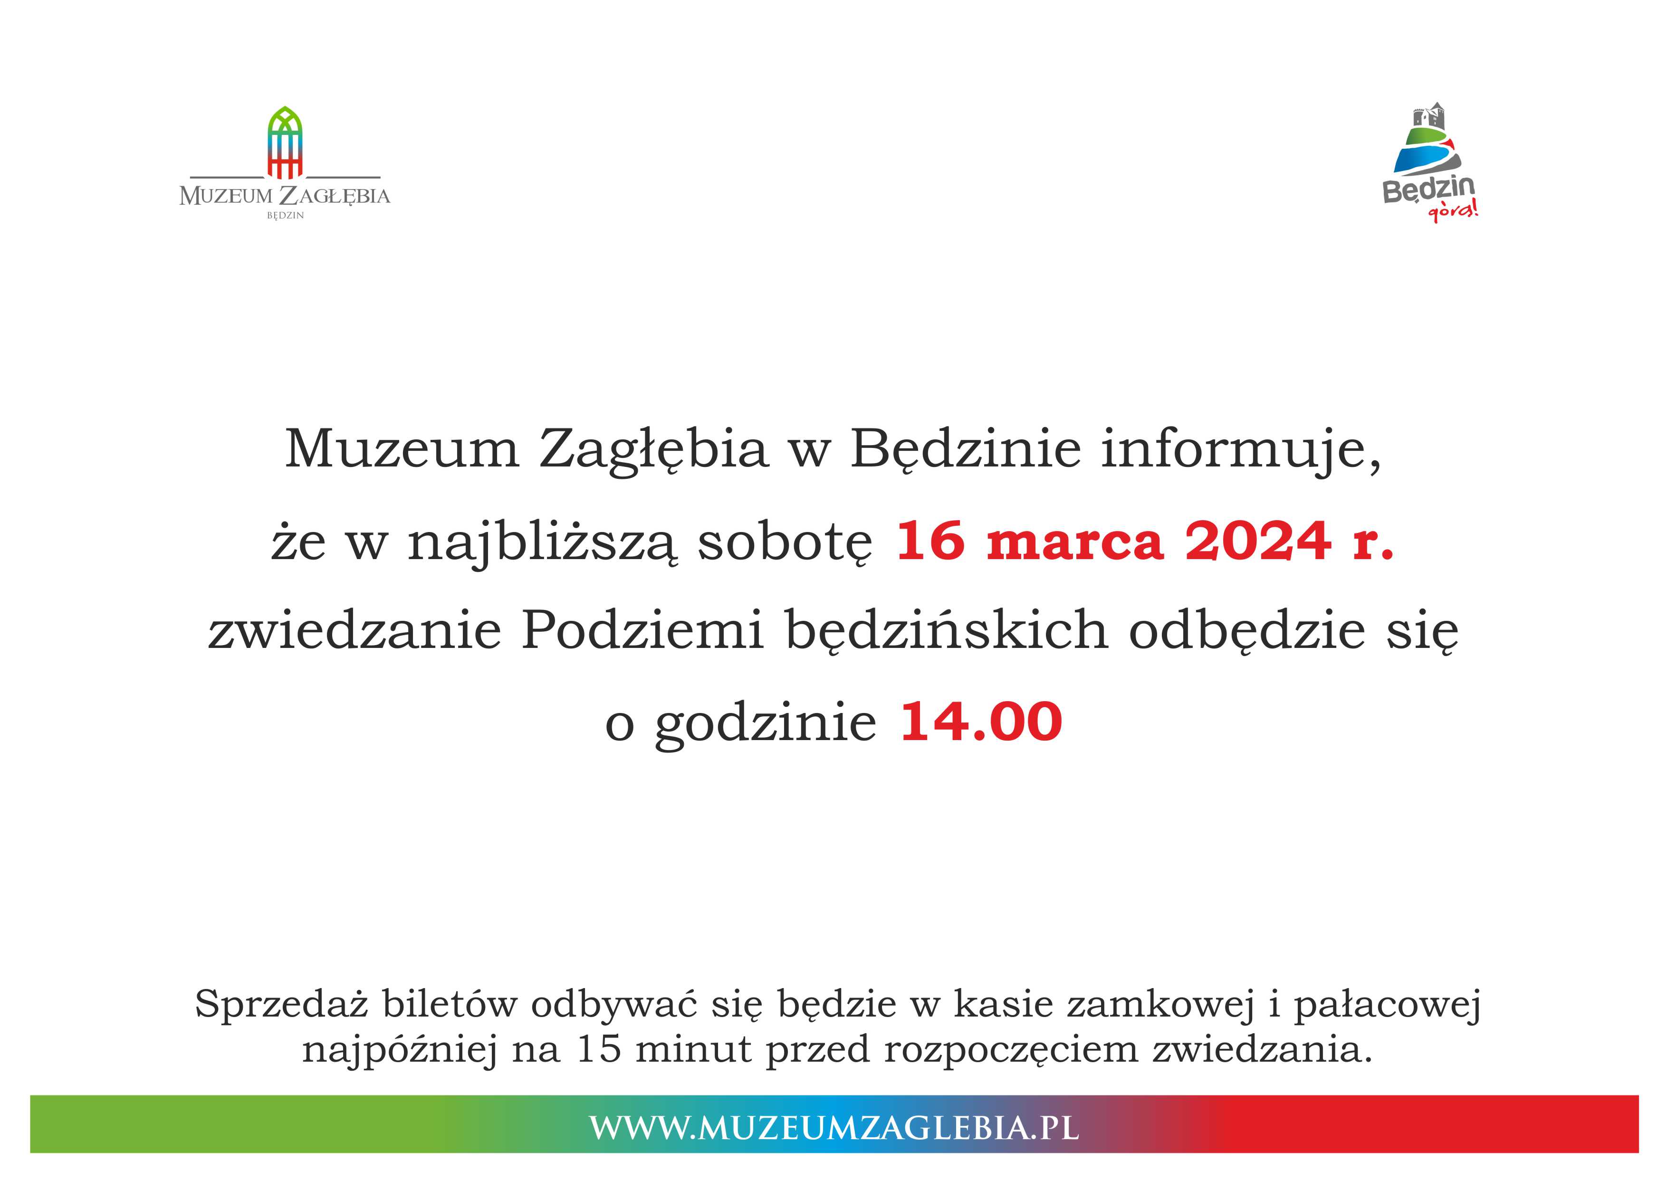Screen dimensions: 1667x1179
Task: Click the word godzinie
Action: click(766, 724)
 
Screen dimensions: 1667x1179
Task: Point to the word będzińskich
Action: click(947, 631)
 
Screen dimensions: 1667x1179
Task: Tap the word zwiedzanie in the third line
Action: click(355, 631)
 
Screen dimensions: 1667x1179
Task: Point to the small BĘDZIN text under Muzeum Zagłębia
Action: click(285, 216)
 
